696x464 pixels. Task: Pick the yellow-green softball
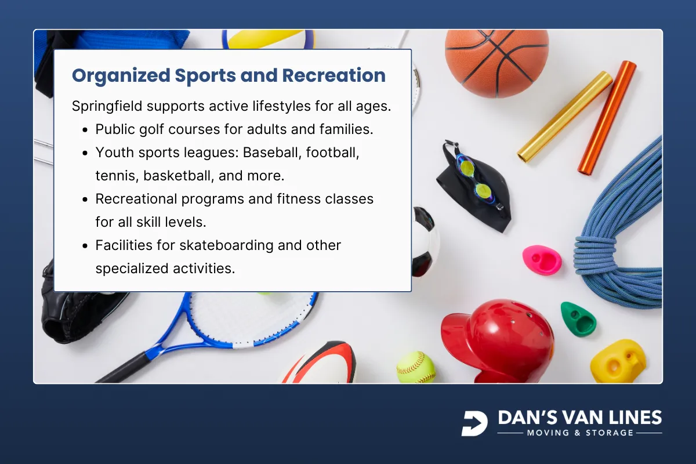(416, 367)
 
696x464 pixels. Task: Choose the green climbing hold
(578, 318)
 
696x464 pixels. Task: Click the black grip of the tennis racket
(122, 368)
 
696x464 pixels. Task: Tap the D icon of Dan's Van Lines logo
(474, 423)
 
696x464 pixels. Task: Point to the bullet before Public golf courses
(85, 130)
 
